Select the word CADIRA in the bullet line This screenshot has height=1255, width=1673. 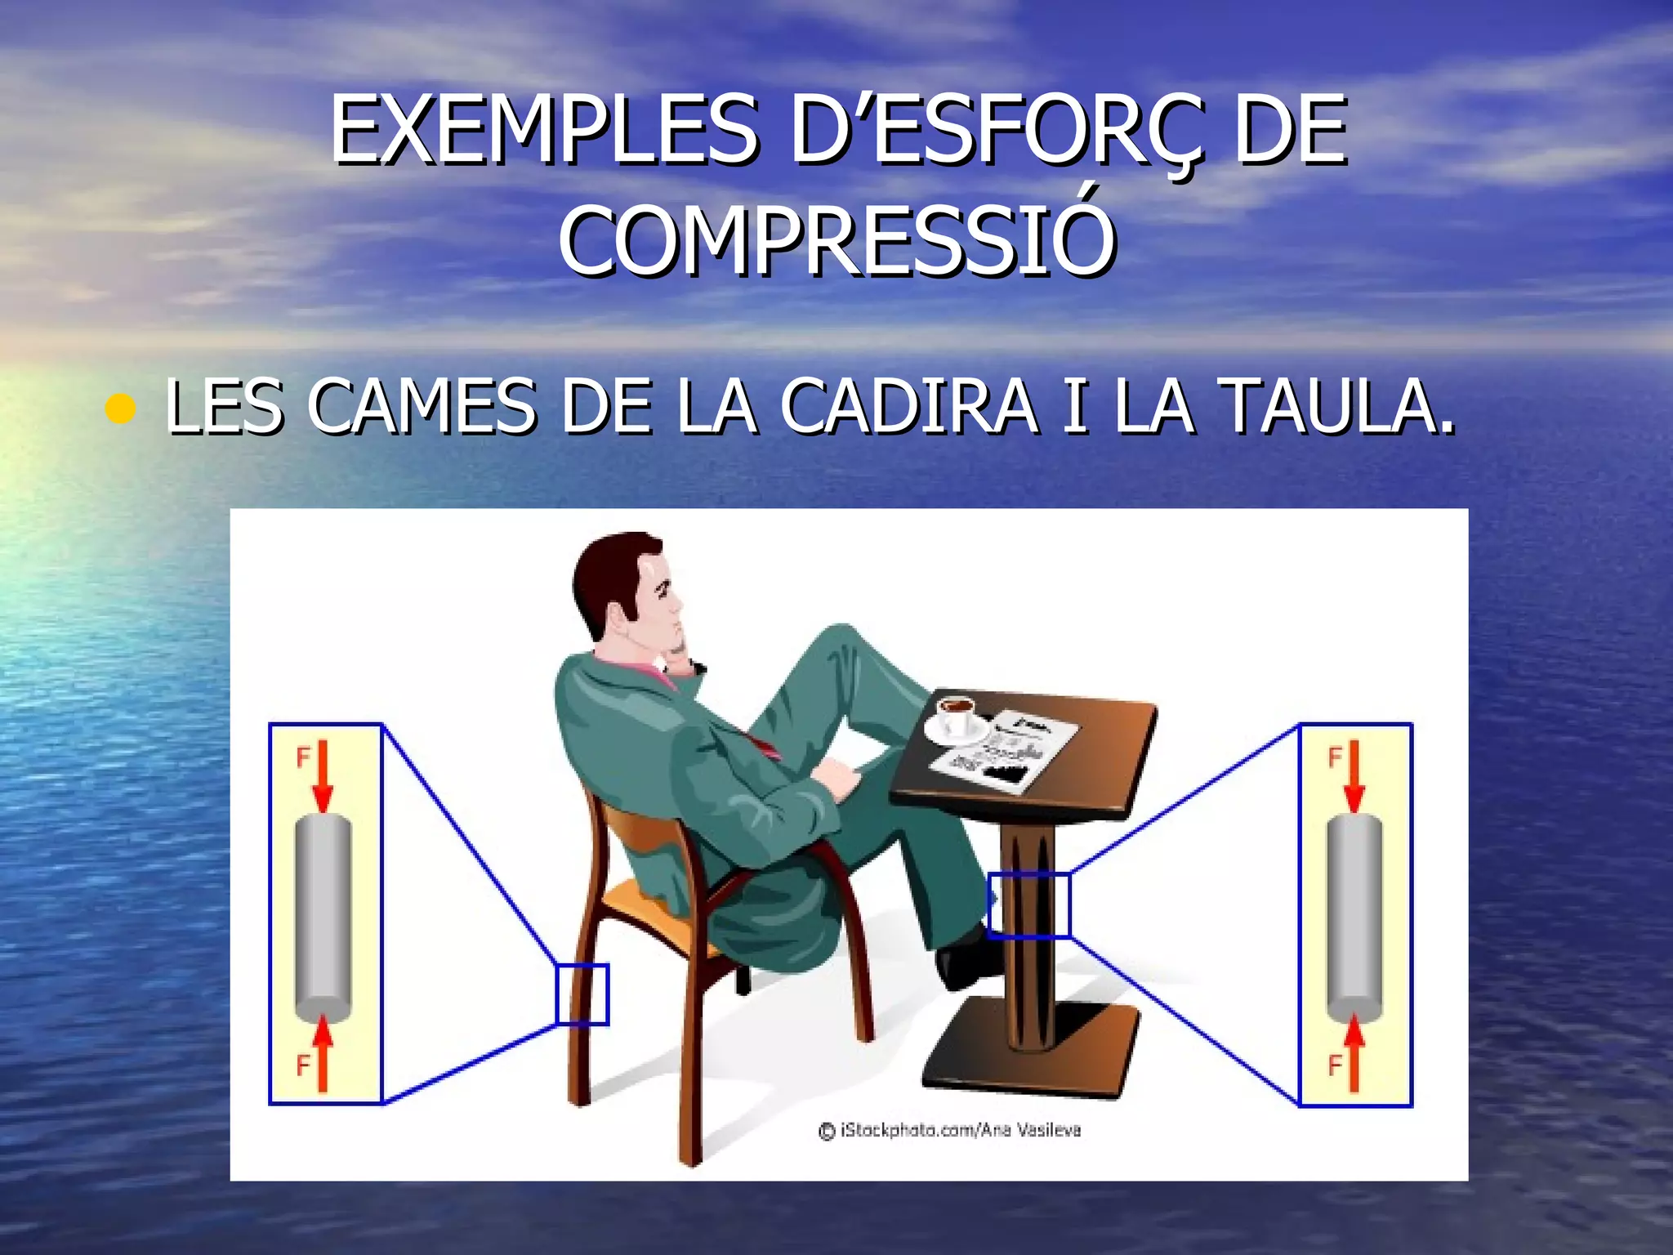click(x=908, y=406)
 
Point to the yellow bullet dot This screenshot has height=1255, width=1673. click(x=120, y=409)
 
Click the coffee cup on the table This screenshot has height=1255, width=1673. click(x=955, y=716)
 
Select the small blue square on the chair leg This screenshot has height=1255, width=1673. click(x=582, y=994)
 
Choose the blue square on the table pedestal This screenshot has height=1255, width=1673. click(x=1028, y=904)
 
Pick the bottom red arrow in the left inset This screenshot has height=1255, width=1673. click(x=323, y=1054)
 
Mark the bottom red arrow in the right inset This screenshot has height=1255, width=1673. click(x=1354, y=1054)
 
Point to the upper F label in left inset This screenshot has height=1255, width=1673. click(x=302, y=758)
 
